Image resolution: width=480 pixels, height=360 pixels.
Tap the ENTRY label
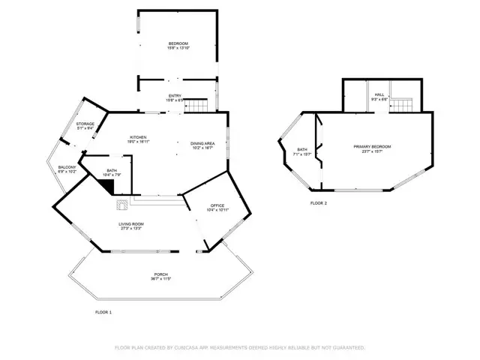pyautogui.click(x=174, y=95)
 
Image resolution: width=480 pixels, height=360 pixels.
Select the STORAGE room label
pyautogui.click(x=85, y=124)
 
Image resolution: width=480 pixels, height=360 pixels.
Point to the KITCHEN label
pyautogui.click(x=138, y=137)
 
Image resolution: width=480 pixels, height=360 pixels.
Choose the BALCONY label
pyautogui.click(x=67, y=167)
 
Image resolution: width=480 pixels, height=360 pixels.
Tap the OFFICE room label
pyautogui.click(x=217, y=205)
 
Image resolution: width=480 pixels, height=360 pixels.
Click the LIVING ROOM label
pyautogui.click(x=130, y=224)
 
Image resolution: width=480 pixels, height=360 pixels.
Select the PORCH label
pyautogui.click(x=161, y=274)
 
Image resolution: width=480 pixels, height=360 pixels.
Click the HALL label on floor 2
pyautogui.click(x=379, y=94)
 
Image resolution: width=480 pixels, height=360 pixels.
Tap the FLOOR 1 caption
pyautogui.click(x=103, y=311)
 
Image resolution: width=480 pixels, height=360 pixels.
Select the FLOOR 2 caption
pyautogui.click(x=318, y=202)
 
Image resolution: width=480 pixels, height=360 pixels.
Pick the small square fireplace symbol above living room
pyautogui.click(x=121, y=202)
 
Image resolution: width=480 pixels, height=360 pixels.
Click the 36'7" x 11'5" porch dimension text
pyautogui.click(x=161, y=279)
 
